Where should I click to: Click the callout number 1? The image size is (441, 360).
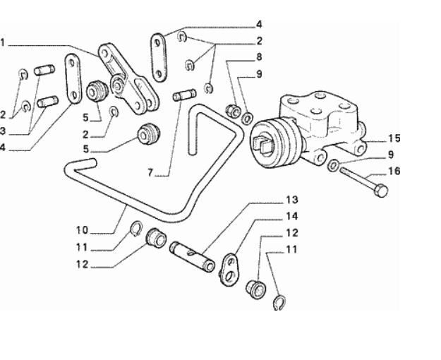2,43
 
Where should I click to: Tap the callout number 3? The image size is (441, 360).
4,131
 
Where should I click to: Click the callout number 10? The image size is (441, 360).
83,229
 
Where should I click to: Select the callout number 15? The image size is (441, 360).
394,138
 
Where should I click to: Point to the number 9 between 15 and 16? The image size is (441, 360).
390,154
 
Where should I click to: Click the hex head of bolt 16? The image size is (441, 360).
380,191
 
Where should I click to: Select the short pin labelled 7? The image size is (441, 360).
185,94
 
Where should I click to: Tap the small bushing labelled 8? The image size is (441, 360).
231,109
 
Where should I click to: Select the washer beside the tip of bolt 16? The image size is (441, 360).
332,166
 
